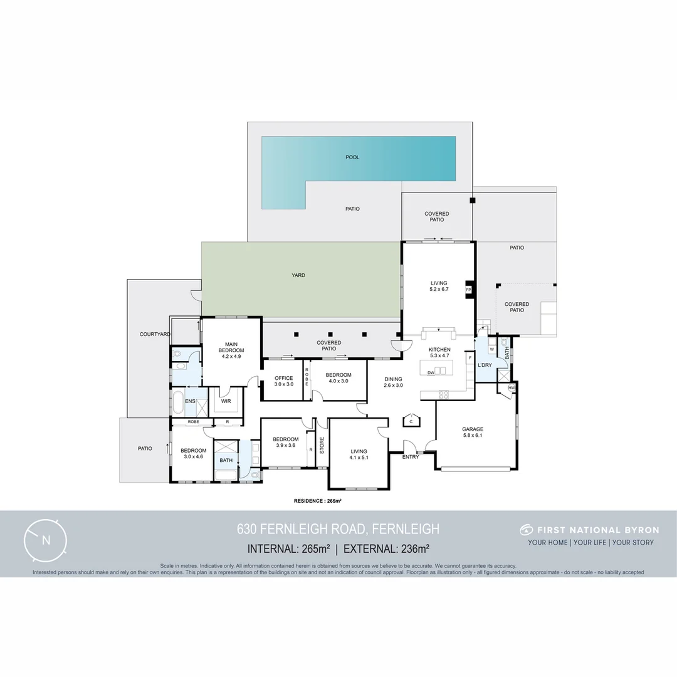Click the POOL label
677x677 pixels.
click(352, 157)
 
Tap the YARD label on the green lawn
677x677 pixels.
click(298, 275)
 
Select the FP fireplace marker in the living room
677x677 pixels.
click(468, 290)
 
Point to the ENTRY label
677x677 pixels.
click(411, 457)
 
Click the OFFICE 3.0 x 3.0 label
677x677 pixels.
click(283, 381)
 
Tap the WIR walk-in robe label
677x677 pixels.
click(224, 401)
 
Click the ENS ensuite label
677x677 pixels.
click(190, 401)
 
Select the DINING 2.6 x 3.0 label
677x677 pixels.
click(393, 382)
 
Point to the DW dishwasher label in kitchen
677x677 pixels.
click(431, 373)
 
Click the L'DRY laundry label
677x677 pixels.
click(484, 365)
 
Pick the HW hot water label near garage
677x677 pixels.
click(512, 388)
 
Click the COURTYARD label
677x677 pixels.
click(155, 335)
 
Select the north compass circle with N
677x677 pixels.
click(45, 540)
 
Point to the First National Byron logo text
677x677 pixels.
click(589, 530)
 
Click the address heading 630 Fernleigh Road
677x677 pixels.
click(338, 530)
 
